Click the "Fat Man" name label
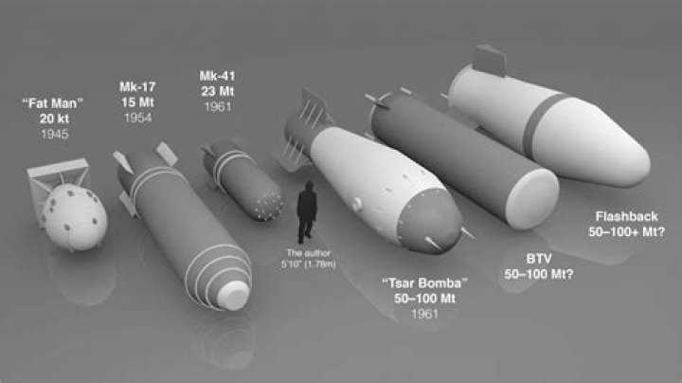tap(53, 103)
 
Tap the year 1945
tap(55, 134)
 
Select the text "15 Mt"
tap(137, 102)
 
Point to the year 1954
tap(137, 118)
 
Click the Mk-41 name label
tap(218, 76)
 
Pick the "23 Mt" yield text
tap(218, 91)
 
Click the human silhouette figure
tap(307, 212)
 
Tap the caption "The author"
tap(309, 253)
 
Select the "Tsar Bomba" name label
tap(425, 283)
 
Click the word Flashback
tap(627, 216)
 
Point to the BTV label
tap(539, 259)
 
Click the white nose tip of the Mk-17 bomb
tap(233, 295)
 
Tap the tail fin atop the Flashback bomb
tap(489, 61)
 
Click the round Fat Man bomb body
tap(75, 217)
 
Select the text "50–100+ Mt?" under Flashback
tap(627, 232)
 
